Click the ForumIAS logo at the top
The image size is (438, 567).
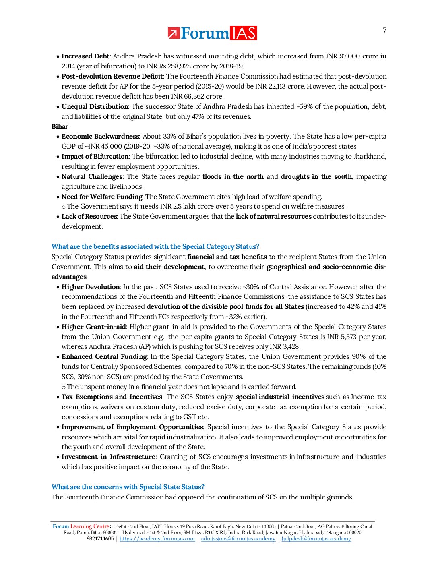212,33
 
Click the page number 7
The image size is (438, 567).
384,30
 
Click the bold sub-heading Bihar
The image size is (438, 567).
60,126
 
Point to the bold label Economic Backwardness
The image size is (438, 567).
100,137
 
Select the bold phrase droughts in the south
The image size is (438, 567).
316,176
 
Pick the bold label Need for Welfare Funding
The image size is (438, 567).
102,197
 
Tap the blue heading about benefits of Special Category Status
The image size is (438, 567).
155,246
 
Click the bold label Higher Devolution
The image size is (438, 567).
91,287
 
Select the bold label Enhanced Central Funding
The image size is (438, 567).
104,357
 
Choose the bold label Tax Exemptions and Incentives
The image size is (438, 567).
112,397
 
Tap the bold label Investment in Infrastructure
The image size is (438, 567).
108,457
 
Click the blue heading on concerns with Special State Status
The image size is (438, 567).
128,487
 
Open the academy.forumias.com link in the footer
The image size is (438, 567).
157,539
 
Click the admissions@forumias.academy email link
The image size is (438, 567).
238,539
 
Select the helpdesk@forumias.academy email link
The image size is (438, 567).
316,539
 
